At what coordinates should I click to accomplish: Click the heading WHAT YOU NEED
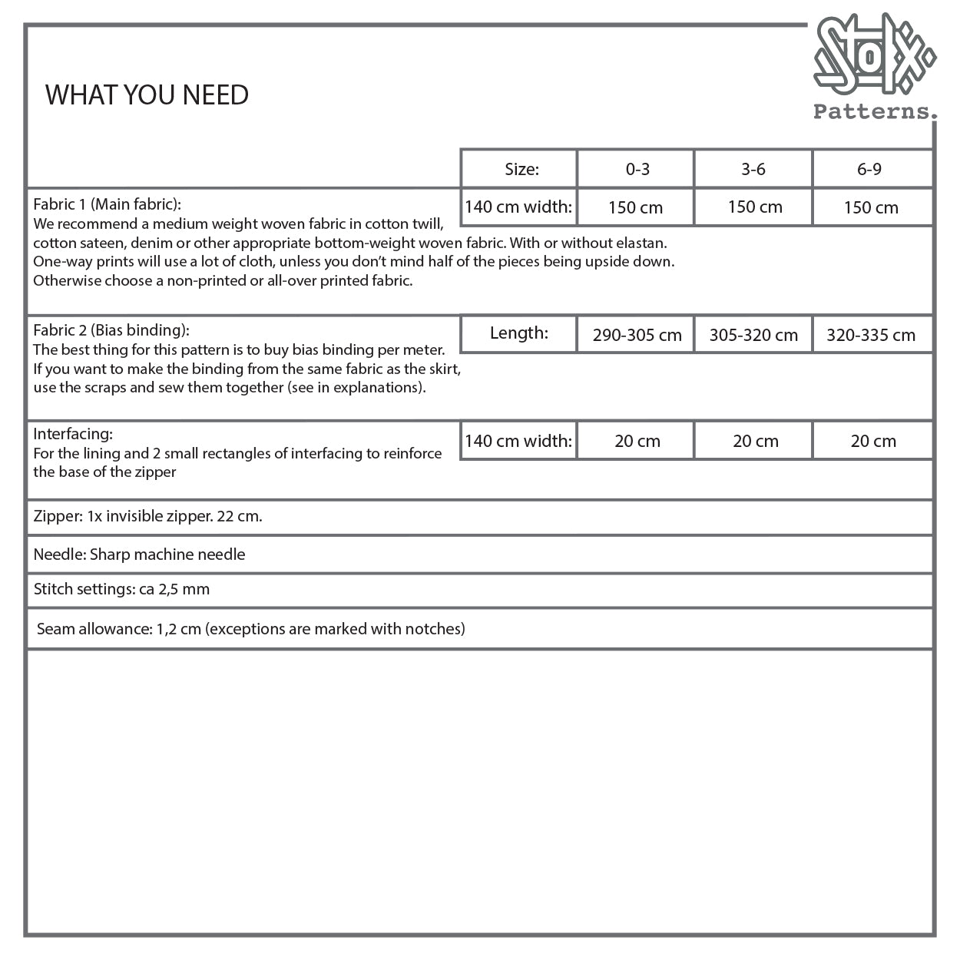point(147,95)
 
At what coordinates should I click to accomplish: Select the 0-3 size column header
point(637,169)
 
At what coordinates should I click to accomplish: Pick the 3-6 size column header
point(753,169)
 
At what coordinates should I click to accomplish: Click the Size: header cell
point(521,169)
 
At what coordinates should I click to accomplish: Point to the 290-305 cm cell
point(637,335)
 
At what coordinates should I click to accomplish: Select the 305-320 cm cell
point(753,335)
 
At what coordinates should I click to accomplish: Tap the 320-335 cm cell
point(871,335)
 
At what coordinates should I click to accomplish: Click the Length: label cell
point(519,333)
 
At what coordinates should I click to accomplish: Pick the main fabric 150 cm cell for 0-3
point(635,207)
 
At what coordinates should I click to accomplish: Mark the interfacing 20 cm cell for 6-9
point(873,441)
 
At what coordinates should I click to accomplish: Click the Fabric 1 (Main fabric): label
point(107,204)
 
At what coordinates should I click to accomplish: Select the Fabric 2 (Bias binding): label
point(111,330)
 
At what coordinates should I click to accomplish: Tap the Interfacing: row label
point(73,434)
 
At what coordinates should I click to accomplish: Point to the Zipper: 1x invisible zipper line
point(148,516)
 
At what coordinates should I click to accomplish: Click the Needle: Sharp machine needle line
point(140,554)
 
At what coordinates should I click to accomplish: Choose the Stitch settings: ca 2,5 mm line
point(121,590)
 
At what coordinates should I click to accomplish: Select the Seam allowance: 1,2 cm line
point(251,629)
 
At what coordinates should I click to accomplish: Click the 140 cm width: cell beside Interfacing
point(518,441)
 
